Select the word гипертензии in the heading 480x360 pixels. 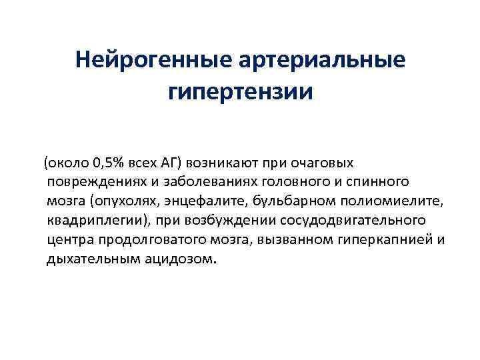(240, 92)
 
